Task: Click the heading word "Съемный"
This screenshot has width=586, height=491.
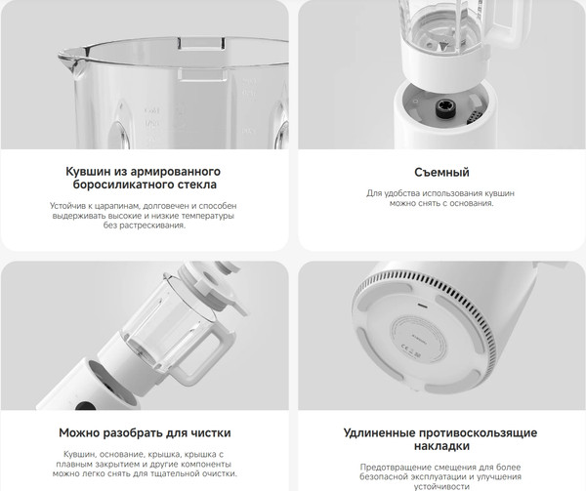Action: pyautogui.click(x=442, y=174)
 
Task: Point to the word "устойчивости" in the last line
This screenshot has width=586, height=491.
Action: pyautogui.click(x=442, y=484)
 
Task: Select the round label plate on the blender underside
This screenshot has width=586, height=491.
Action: pyautogui.click(x=420, y=331)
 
